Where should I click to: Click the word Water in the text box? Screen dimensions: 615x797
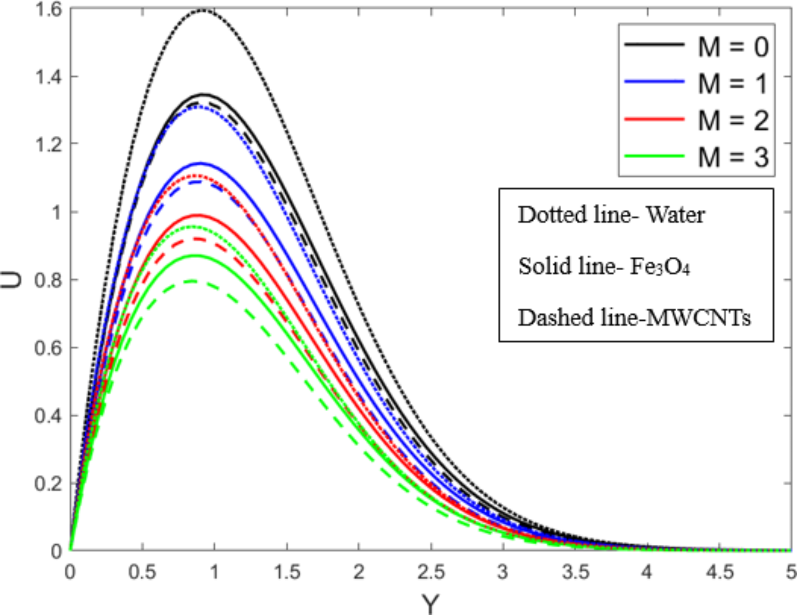(x=676, y=215)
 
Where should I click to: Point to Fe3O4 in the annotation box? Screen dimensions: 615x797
(x=660, y=266)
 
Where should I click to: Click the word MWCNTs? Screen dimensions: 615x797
(x=699, y=317)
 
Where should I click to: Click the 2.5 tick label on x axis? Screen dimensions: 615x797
(x=431, y=572)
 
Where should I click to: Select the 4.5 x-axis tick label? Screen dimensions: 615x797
(x=720, y=572)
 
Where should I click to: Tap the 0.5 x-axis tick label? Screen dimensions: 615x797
(x=142, y=572)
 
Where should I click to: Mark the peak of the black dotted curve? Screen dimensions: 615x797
(x=203, y=10)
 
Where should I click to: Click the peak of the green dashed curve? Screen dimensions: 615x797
(x=192, y=281)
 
